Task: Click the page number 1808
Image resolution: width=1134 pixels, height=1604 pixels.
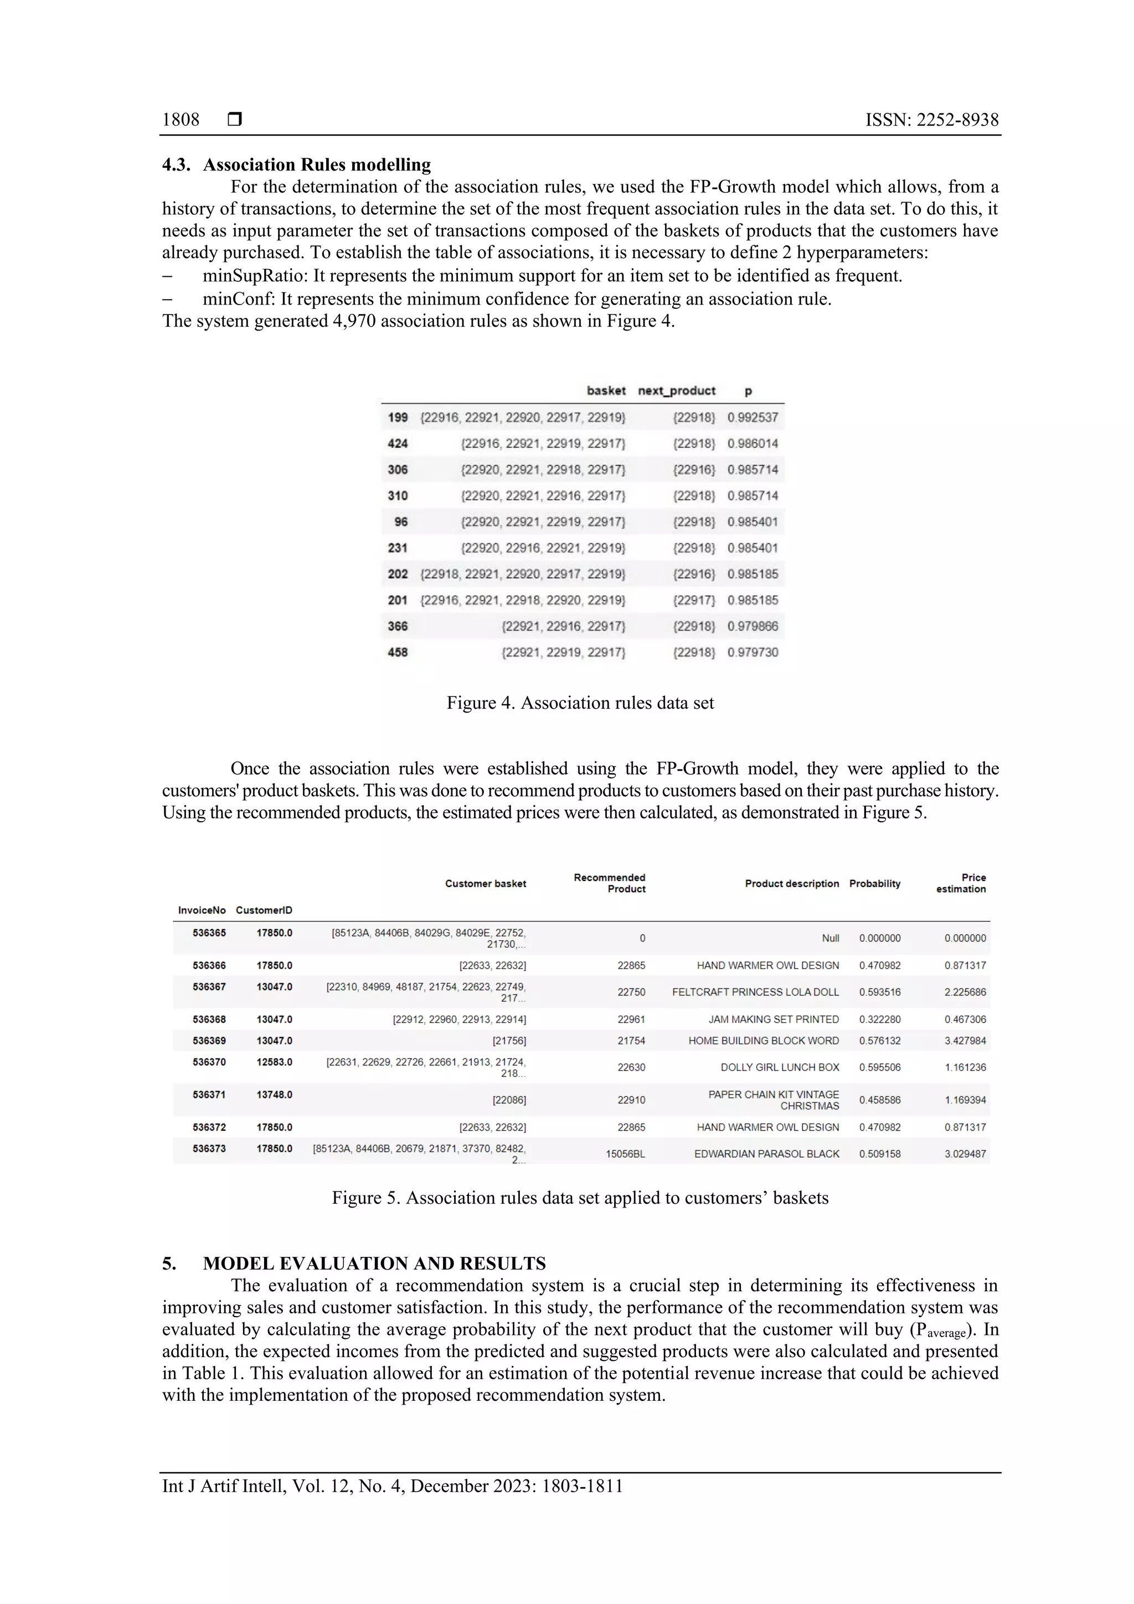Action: click(x=181, y=120)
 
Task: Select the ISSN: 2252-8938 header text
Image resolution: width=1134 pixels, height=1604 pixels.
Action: click(x=931, y=120)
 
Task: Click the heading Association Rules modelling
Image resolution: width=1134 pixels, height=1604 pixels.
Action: click(x=317, y=165)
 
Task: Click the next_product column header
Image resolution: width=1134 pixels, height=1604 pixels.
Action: click(x=676, y=390)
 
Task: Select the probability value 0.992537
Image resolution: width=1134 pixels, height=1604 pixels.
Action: click(x=752, y=418)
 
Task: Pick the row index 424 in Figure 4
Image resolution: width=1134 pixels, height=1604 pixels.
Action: click(x=398, y=443)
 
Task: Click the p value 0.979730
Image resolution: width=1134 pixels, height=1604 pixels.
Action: click(x=752, y=652)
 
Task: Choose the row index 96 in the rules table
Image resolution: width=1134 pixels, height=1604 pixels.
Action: click(x=400, y=522)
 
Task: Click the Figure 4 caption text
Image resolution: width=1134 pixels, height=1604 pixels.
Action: click(x=580, y=703)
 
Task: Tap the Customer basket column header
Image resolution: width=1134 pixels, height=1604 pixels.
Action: click(x=486, y=884)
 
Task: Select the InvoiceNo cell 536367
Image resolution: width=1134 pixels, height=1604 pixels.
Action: click(x=209, y=987)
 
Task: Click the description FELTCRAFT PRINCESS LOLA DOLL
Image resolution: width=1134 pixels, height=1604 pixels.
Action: click(x=755, y=992)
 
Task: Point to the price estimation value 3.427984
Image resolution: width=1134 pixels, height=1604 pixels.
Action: click(x=965, y=1041)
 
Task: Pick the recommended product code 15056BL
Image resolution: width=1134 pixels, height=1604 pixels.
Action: click(x=625, y=1154)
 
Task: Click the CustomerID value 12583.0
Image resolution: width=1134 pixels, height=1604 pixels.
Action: click(x=274, y=1062)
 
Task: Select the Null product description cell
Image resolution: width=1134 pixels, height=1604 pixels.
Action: click(x=830, y=938)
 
